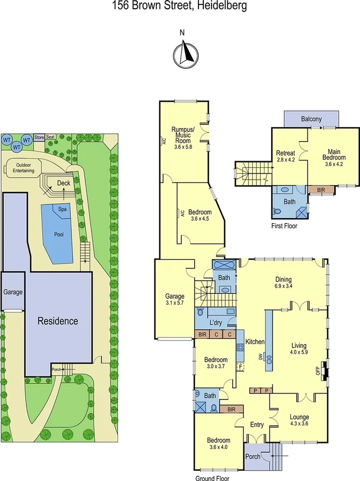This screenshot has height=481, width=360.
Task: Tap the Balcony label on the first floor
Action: tap(311, 119)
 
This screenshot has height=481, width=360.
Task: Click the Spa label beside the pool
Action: tap(62, 209)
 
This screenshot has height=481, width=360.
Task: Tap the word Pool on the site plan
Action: tap(59, 234)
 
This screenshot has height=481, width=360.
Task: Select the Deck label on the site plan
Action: tap(63, 183)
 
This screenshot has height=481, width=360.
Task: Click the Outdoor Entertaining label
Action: tap(25, 167)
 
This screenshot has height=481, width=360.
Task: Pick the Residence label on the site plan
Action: tap(57, 322)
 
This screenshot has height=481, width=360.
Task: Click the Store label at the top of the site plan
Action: tap(39, 137)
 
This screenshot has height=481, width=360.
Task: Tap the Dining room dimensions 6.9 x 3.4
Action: tap(283, 286)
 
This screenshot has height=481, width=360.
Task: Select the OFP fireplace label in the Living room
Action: tap(317, 369)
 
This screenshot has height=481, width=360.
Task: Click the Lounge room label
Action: tap(299, 417)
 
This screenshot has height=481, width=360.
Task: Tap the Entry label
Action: tap(257, 425)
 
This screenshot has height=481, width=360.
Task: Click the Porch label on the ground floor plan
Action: tap(253, 457)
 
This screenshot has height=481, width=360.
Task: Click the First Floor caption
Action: tap(284, 226)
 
